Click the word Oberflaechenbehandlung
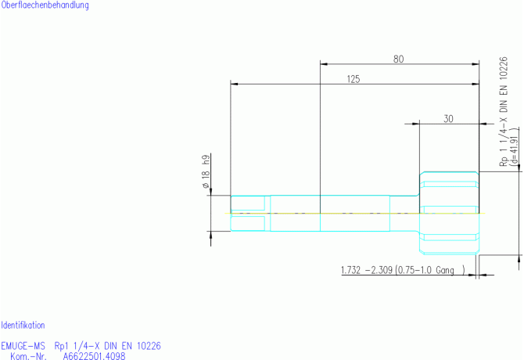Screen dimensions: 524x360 45,5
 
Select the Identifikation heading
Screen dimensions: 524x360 23,326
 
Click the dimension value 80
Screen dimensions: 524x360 398,59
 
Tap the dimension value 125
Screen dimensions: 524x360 354,79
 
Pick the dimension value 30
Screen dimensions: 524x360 448,119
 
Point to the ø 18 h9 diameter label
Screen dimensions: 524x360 206,171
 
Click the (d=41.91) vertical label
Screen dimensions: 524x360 515,149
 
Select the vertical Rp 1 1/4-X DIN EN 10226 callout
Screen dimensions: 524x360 504,112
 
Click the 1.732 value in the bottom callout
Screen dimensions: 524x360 350,270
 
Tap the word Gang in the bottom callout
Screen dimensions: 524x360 445,271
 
